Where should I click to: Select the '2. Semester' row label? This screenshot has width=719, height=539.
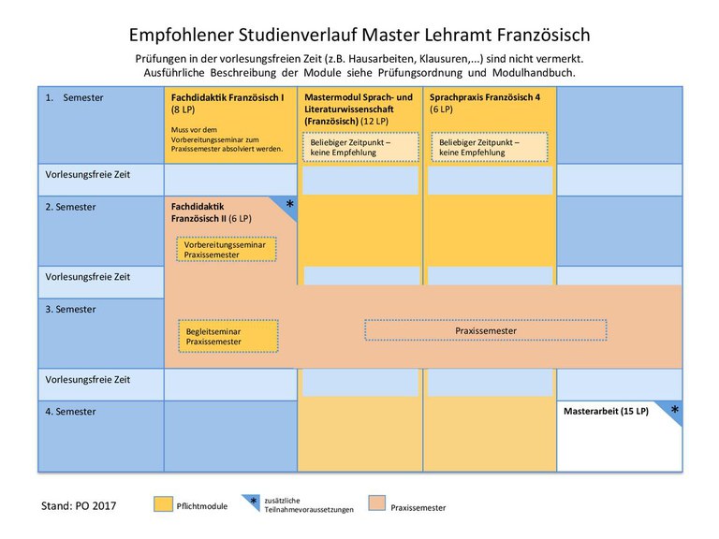coord(70,207)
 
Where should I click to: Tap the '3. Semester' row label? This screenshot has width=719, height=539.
coord(70,310)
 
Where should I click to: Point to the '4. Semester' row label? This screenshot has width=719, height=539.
coord(70,412)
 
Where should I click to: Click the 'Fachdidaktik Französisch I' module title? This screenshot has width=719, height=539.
coord(227,97)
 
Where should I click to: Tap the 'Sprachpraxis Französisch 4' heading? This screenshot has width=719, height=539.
coord(485,97)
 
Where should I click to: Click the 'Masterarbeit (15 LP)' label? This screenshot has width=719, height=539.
coord(607,411)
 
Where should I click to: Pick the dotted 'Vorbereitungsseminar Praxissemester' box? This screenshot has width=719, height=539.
coord(227,249)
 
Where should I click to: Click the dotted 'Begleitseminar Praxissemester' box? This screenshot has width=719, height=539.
coord(227,336)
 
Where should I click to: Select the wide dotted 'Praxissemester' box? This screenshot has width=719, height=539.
coord(486,330)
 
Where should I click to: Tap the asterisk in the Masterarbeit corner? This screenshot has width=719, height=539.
coord(675,409)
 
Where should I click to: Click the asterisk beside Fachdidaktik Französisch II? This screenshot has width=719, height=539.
coord(290,204)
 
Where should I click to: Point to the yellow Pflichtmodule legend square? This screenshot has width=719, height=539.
coord(163,503)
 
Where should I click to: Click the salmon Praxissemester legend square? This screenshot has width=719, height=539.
coord(377,503)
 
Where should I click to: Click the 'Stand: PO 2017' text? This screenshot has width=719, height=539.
coord(79,506)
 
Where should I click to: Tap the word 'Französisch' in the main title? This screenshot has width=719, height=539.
coord(543,36)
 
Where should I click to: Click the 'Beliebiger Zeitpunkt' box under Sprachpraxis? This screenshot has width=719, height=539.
coord(490,147)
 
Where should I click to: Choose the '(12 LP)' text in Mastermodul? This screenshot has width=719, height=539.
coord(374,122)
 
